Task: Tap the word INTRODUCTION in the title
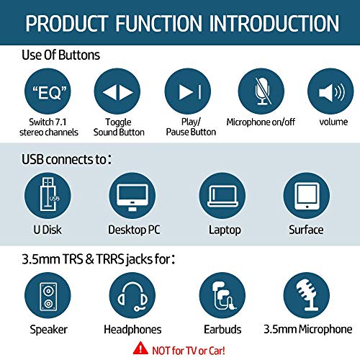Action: click(x=274, y=24)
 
